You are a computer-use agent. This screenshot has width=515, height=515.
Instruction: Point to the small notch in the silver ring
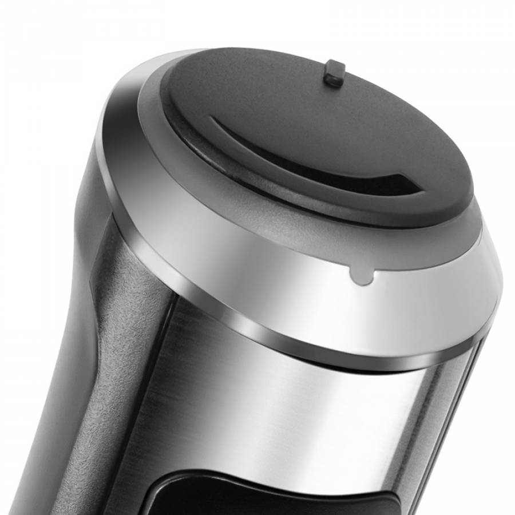click(361, 276)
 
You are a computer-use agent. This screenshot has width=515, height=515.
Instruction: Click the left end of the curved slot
click(213, 120)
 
